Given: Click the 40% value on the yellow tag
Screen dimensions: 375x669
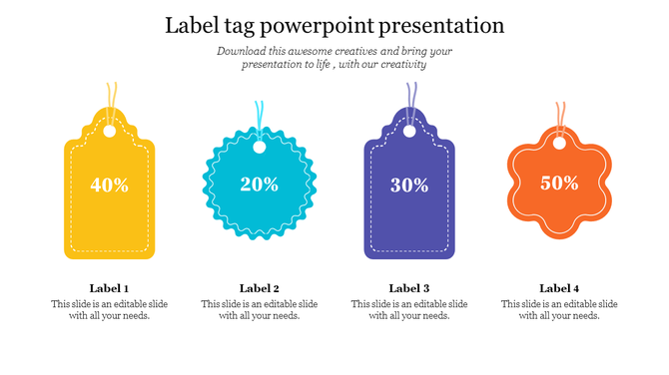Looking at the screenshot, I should [x=109, y=185].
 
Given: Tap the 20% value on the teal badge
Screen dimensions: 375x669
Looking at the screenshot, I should [x=259, y=184].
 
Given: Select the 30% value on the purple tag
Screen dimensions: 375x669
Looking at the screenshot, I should [x=409, y=185].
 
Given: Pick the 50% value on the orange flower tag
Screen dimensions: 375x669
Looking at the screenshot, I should [x=559, y=183].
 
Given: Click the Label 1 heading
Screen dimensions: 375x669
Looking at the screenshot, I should [x=109, y=288].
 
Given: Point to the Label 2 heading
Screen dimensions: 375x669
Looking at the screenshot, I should [x=259, y=288].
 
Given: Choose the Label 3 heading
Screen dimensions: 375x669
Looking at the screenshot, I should [x=409, y=288].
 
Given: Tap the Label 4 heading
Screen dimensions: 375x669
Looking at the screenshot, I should [x=559, y=288].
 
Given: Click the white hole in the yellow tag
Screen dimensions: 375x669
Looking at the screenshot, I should [x=110, y=130].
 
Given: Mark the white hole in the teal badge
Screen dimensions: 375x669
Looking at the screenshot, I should [x=260, y=148].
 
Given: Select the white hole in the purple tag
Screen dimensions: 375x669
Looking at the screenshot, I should [x=409, y=130].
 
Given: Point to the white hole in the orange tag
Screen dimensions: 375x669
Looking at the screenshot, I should [x=559, y=143].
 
